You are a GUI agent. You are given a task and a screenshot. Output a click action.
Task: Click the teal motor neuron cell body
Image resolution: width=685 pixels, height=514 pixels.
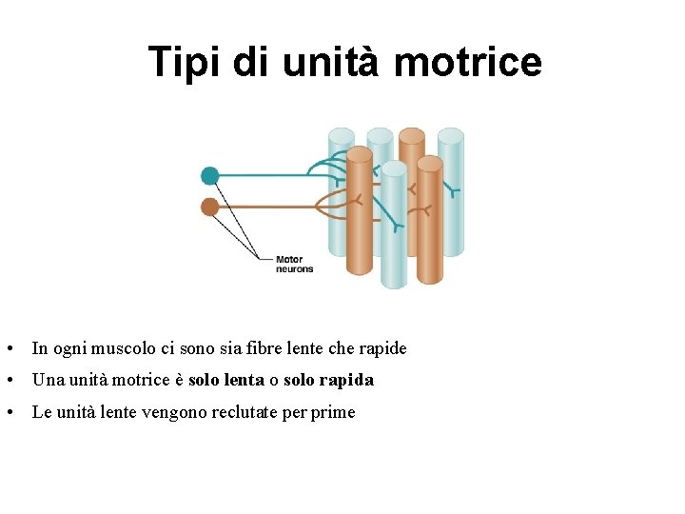210,176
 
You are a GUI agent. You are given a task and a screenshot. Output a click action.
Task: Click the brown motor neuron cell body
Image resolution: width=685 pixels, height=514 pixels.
210,208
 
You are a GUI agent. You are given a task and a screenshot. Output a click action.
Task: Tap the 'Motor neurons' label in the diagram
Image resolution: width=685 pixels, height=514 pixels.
294,264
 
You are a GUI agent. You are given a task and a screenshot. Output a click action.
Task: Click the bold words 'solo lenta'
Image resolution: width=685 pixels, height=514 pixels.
226,380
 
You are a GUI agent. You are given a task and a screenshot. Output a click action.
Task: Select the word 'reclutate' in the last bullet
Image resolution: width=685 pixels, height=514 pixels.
237,412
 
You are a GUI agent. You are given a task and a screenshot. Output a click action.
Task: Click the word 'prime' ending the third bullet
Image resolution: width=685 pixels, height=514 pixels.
333,412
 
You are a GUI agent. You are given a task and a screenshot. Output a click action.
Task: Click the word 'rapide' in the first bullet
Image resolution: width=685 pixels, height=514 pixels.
383,348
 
